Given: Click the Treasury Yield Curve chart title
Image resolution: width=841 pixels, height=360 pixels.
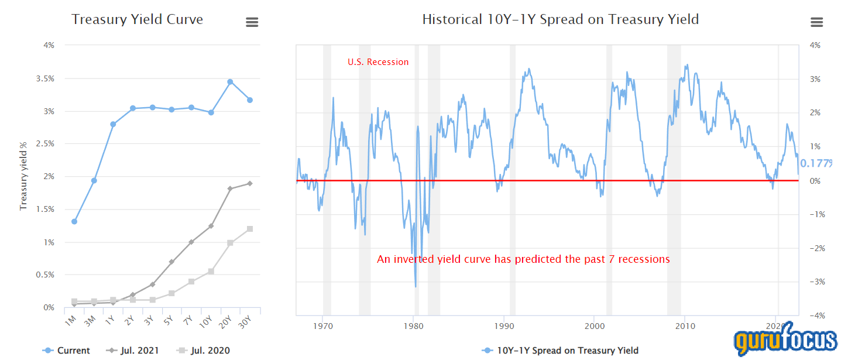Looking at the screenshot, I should (x=137, y=19).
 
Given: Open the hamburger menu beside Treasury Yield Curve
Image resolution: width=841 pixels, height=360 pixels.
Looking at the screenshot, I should (x=252, y=22).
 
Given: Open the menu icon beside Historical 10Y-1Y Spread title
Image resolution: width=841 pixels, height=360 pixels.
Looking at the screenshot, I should (x=816, y=22).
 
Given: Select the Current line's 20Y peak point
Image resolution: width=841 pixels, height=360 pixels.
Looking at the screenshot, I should (x=230, y=82).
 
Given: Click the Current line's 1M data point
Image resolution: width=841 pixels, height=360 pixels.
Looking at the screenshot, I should (x=74, y=221).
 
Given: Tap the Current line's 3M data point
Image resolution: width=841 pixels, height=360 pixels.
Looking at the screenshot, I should (x=94, y=180).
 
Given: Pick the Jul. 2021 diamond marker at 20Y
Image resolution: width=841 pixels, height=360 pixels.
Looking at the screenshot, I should (x=230, y=188).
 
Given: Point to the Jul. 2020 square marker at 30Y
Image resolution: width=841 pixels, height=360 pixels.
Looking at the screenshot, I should (x=249, y=229).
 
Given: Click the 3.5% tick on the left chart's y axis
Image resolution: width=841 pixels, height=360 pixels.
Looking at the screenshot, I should (x=46, y=78).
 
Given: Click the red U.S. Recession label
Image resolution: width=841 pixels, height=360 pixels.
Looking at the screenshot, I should (x=378, y=62).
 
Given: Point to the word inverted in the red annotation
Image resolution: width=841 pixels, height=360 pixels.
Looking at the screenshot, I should (x=416, y=259).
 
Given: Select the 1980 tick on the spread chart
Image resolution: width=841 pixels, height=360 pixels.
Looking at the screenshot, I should (x=414, y=325).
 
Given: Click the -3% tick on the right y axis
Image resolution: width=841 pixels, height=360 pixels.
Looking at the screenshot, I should (x=814, y=282).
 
